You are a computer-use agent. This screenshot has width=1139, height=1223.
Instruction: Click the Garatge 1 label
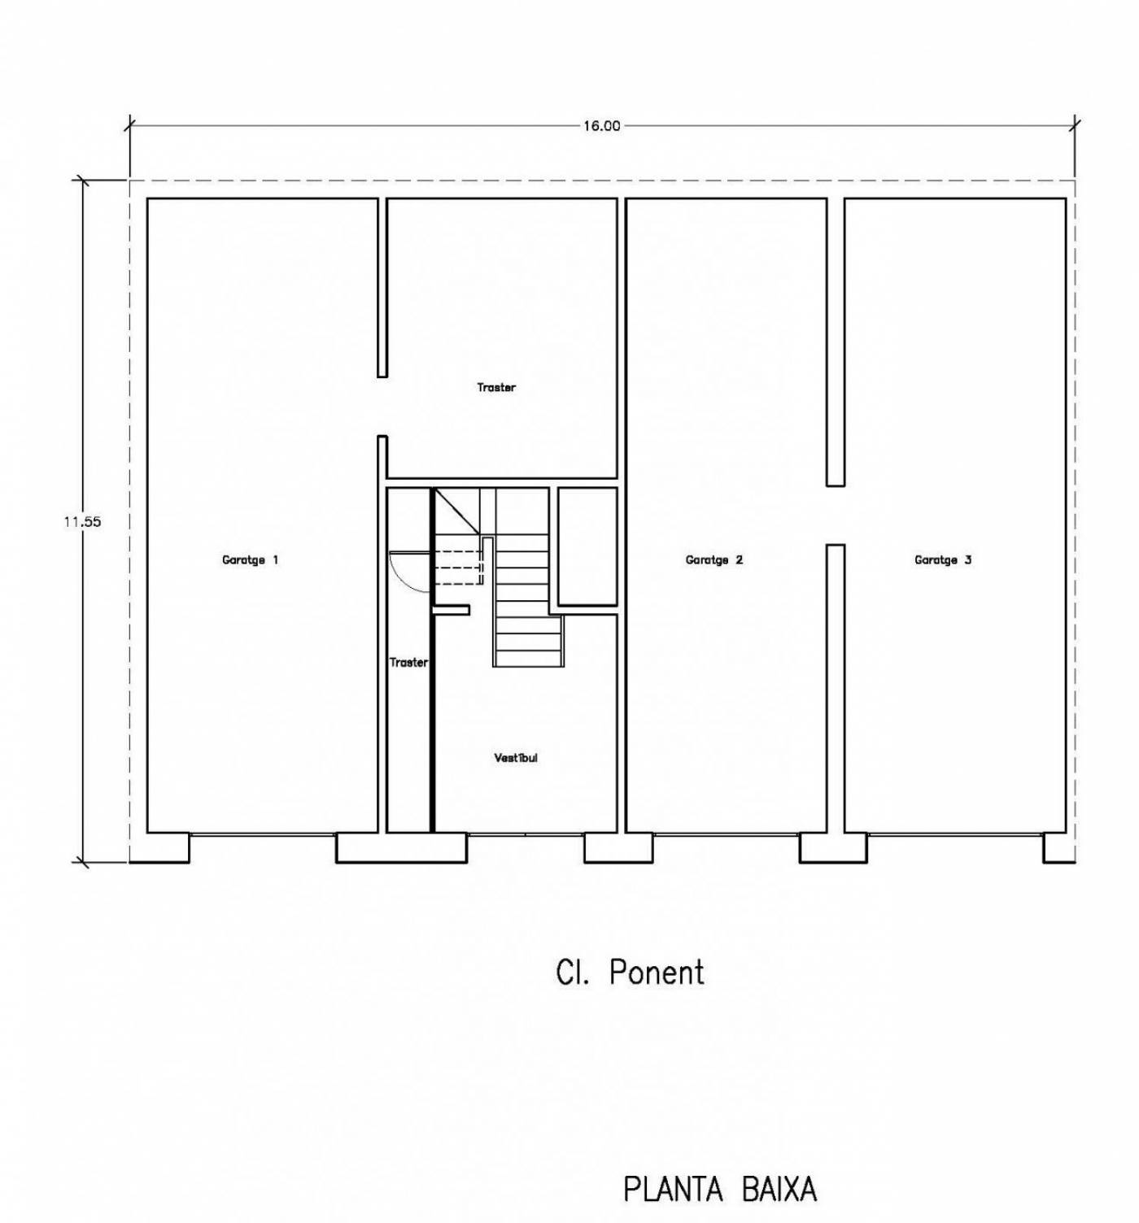(x=250, y=560)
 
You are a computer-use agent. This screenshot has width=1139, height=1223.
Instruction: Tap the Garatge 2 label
(x=714, y=560)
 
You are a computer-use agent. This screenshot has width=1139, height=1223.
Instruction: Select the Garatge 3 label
(x=943, y=560)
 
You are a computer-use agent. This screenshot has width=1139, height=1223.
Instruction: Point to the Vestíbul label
(x=516, y=758)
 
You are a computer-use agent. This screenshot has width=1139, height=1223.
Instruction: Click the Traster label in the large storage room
(x=496, y=388)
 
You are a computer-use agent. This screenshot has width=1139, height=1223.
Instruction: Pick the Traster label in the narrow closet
(x=408, y=663)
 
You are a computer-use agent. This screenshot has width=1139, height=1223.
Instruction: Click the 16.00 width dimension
(x=601, y=126)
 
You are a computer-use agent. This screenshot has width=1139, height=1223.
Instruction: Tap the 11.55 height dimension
(x=82, y=522)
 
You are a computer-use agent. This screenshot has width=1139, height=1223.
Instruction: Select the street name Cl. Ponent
(x=630, y=973)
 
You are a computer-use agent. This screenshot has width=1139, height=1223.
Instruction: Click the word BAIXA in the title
(x=779, y=1190)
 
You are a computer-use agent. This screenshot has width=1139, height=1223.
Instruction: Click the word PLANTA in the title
(x=673, y=1190)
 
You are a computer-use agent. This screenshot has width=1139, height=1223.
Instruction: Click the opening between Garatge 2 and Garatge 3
(x=836, y=516)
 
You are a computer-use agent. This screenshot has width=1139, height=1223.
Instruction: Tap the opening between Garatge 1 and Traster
(x=382, y=407)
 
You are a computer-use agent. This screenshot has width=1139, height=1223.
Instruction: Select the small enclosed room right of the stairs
(x=587, y=546)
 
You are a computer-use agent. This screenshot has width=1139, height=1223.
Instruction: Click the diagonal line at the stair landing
(x=456, y=511)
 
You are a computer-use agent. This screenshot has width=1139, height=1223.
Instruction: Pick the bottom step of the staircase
(x=528, y=659)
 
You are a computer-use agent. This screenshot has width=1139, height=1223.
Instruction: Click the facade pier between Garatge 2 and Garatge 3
(x=833, y=848)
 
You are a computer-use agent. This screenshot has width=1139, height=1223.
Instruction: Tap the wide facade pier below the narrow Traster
(x=402, y=848)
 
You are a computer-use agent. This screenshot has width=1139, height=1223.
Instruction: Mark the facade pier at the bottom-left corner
(x=159, y=848)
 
